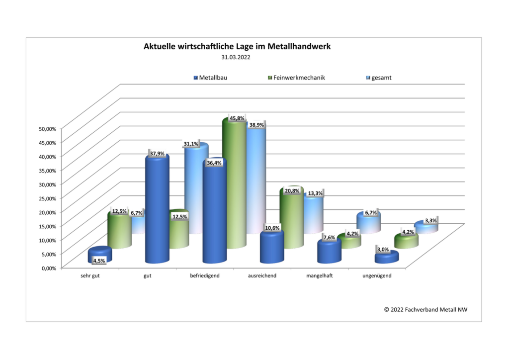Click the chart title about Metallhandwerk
click(x=237, y=47)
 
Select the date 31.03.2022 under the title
click(x=236, y=57)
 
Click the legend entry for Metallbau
click(x=214, y=78)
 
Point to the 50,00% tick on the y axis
click(x=47, y=128)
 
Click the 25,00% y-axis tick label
click(x=47, y=198)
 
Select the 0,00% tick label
click(x=49, y=268)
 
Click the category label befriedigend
click(x=205, y=275)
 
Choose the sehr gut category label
click(x=90, y=275)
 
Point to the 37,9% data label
click(x=158, y=153)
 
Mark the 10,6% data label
click(x=272, y=228)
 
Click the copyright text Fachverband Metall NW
click(x=425, y=309)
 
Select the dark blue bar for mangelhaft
click(x=329, y=253)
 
